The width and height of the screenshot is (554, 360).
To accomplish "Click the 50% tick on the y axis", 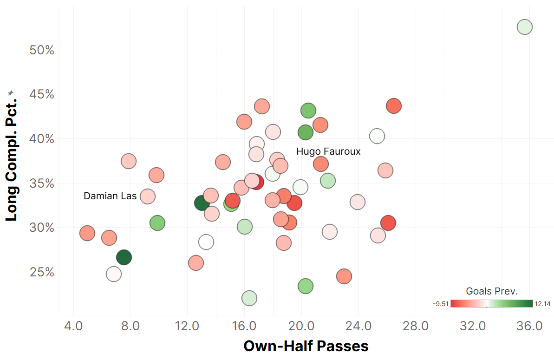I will [41, 50].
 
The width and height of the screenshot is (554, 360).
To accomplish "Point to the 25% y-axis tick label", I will [41, 272].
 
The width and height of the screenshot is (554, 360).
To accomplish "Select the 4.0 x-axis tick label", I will [73, 326].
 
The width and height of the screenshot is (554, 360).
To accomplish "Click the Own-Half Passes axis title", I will [306, 346].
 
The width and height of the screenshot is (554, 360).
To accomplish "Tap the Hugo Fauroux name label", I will [328, 151].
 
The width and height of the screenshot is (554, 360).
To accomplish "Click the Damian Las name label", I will [110, 196].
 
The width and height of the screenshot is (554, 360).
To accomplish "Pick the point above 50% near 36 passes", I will [524, 27].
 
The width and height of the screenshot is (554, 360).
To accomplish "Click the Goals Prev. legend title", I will [492, 291].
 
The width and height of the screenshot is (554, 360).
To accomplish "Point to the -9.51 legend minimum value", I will [441, 304].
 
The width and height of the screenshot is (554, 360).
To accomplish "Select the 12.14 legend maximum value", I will [543, 304].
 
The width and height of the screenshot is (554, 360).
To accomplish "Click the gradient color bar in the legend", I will [492, 304].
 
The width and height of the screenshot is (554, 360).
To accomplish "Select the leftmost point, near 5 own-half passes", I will [87, 233].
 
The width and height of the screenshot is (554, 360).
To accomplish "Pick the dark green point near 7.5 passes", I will [124, 257].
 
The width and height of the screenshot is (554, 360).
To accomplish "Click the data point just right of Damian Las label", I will [148, 196].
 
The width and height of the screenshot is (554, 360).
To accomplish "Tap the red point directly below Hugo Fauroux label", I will [321, 164].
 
